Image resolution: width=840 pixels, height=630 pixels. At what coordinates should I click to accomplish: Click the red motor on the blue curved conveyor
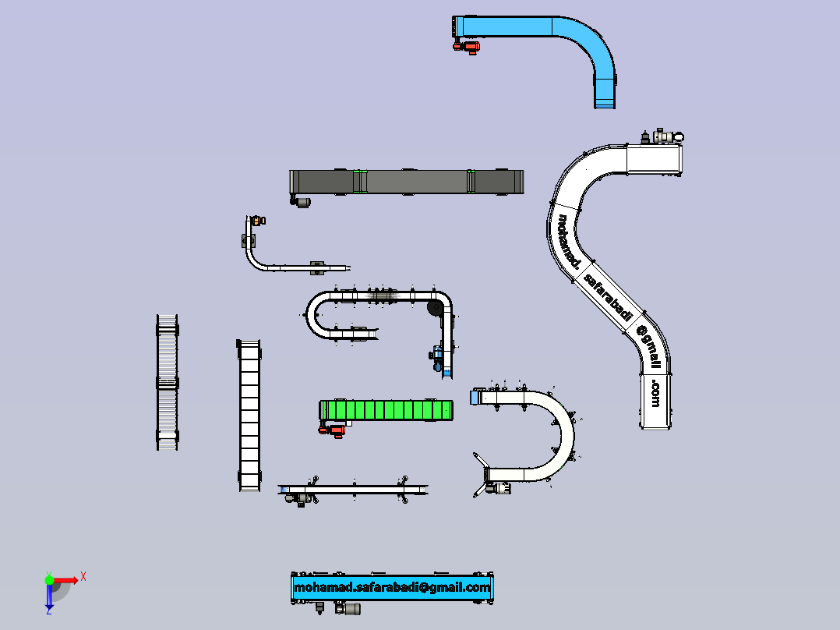tap(467, 48)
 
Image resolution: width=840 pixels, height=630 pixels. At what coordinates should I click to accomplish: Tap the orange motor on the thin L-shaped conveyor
tap(258, 220)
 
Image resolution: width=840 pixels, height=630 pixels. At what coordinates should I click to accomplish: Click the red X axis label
tap(83, 577)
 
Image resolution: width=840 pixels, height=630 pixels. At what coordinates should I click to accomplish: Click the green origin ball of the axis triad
tap(49, 579)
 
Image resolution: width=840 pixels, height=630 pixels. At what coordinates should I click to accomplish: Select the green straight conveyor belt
tap(386, 410)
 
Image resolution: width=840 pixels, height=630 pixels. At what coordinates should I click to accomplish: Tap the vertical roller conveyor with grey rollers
tap(167, 382)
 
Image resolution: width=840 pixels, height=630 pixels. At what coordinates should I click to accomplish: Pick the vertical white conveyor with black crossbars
tap(249, 415)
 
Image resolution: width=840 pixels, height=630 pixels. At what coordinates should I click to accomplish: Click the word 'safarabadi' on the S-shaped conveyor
tap(608, 297)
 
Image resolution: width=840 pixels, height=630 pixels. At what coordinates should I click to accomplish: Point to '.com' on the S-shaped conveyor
tap(655, 394)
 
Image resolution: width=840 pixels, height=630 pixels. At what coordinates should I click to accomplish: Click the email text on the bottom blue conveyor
tap(392, 587)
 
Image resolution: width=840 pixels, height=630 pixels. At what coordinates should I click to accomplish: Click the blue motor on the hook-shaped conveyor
tap(436, 356)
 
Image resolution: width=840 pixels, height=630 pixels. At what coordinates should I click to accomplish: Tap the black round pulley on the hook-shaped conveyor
tap(435, 307)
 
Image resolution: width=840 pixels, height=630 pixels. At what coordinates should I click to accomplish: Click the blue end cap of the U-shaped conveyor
tap(474, 398)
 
